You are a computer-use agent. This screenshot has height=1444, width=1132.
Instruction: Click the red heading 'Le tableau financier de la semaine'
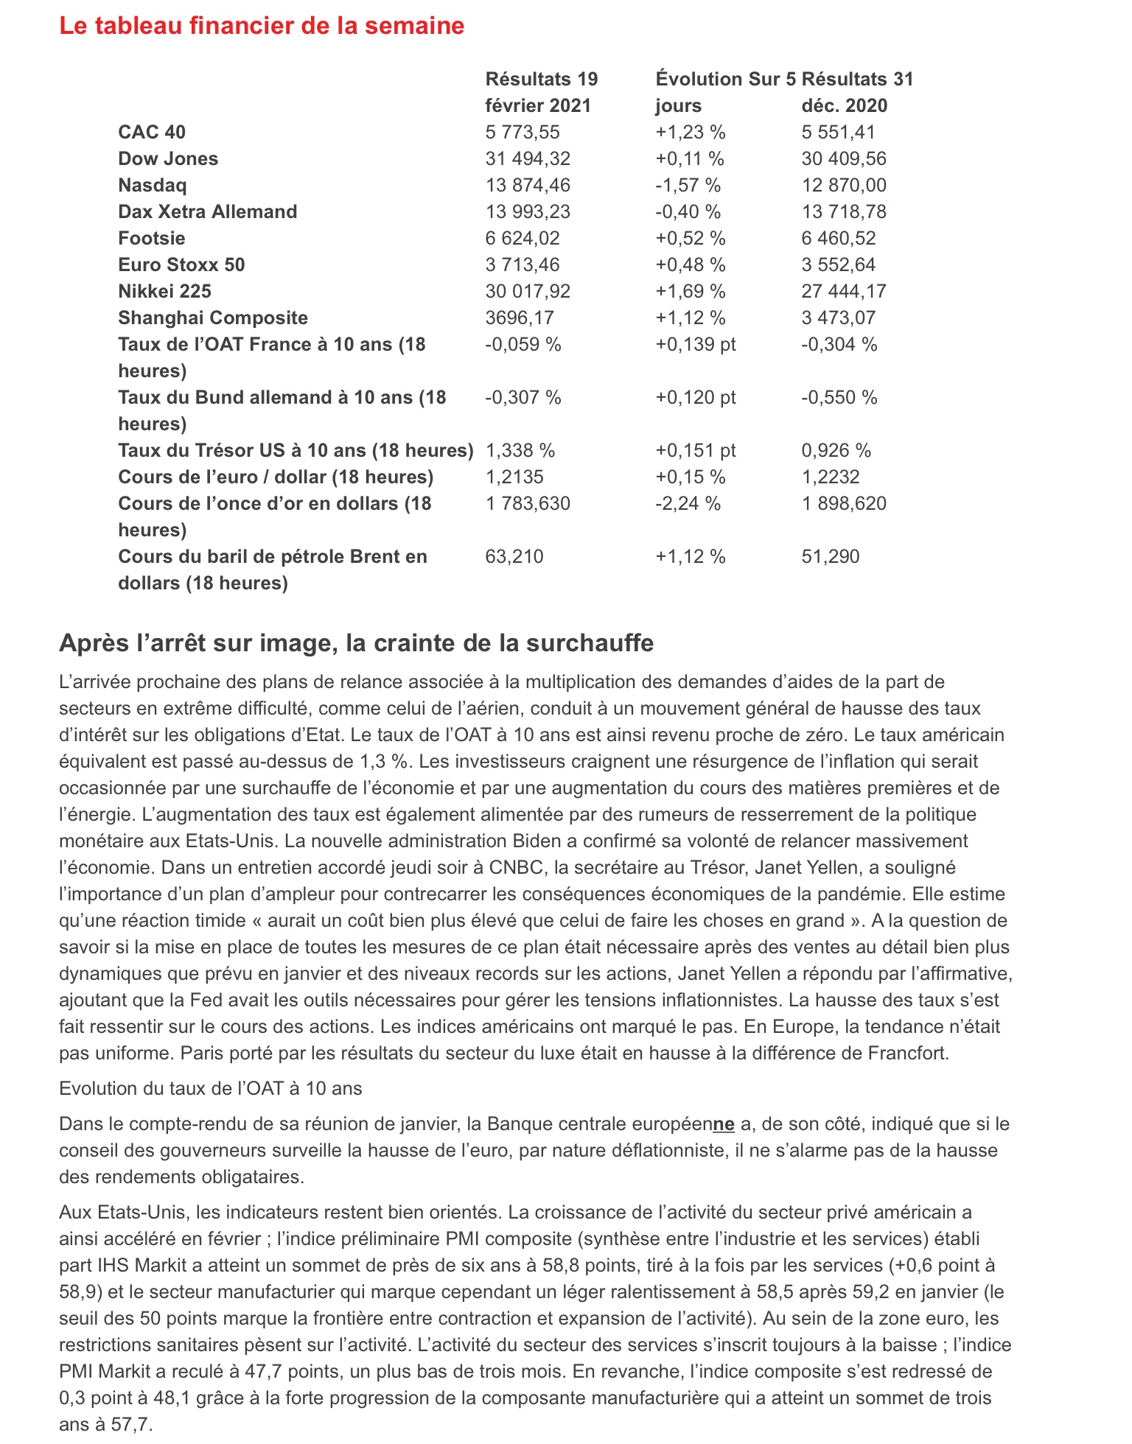(x=262, y=26)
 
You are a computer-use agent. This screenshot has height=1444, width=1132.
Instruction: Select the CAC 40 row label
(x=152, y=132)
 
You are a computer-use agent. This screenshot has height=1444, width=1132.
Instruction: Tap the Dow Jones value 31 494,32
(x=528, y=158)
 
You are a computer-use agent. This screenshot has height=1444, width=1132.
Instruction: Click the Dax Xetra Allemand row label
(x=208, y=211)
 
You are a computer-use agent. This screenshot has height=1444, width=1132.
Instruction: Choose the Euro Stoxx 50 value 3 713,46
(x=523, y=264)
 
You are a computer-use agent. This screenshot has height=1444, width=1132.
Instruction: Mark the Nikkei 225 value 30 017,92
(x=528, y=291)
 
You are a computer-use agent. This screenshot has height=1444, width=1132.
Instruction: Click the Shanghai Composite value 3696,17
(x=520, y=318)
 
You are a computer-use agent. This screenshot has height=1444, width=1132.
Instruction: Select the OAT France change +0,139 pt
(x=696, y=344)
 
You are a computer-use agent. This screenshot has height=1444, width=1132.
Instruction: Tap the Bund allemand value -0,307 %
(x=523, y=397)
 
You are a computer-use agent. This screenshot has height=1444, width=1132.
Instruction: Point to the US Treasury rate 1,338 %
(x=520, y=450)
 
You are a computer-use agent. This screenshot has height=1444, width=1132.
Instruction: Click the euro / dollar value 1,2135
(x=514, y=477)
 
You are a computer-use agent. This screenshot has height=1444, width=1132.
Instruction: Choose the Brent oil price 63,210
(x=514, y=556)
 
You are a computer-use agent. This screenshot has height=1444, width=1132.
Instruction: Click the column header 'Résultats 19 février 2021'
(x=542, y=92)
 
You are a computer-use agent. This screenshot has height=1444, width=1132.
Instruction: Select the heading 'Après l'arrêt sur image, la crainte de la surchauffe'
(x=356, y=643)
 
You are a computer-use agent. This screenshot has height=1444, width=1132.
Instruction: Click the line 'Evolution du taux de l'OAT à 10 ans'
(x=210, y=1088)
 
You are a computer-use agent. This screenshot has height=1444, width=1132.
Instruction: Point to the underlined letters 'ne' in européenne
(x=724, y=1124)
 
